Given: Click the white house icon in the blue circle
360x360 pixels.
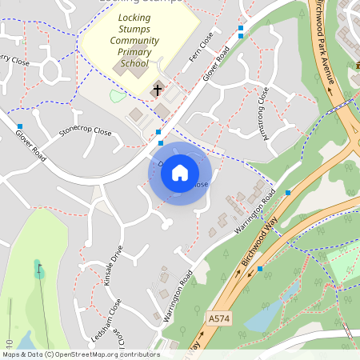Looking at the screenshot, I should pos(180,173).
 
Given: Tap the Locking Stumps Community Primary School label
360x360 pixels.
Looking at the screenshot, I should pos(134,40).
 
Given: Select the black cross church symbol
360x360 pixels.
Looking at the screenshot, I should pos(158,90).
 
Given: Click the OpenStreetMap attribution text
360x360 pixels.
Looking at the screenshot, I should pos(81,354).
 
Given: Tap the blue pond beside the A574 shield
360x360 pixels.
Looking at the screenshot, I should pos(264,315).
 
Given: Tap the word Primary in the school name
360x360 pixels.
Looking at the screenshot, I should pos(134,51).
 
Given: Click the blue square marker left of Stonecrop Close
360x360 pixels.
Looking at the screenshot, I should pos(19,126).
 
